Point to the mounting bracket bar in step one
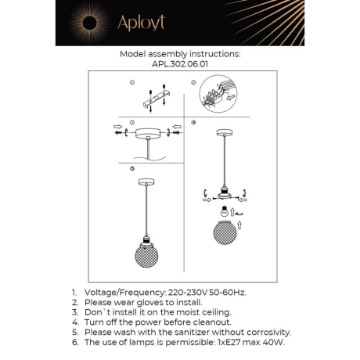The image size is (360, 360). click(157, 96)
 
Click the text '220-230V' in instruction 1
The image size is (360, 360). click(192, 291)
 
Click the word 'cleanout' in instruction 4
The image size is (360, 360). click(210, 322)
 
